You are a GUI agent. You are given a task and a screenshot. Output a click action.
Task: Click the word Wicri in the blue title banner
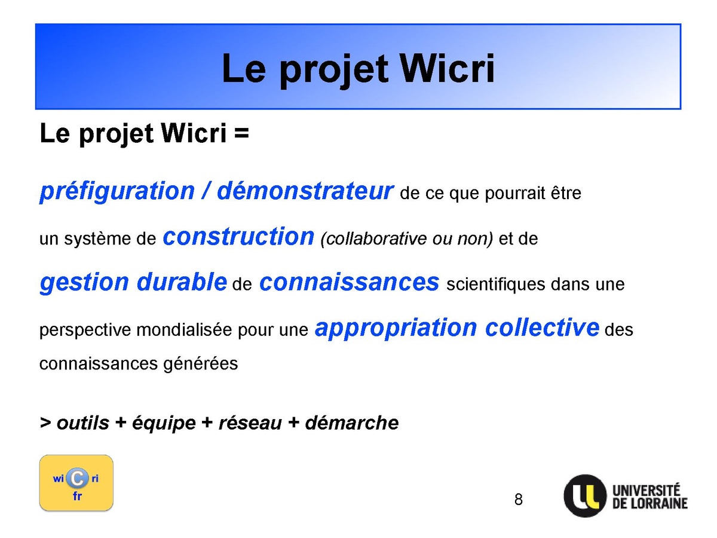point(447,69)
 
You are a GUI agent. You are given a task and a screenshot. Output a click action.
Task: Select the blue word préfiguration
point(117,191)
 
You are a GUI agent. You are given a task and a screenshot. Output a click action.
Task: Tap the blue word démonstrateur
point(305,191)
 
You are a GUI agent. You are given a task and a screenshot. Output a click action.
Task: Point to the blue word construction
point(238,237)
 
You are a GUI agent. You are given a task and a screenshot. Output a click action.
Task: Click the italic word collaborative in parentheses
point(373,239)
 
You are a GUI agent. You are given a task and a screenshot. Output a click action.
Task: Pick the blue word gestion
point(84,283)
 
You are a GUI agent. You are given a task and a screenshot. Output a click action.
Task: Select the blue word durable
point(182,282)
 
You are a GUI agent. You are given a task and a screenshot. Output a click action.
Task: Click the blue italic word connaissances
point(349,283)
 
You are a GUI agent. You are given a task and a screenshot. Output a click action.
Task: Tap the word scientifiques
point(495,284)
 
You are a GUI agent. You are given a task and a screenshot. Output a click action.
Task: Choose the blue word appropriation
point(396,328)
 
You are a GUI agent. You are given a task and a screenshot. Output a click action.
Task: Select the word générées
point(201,364)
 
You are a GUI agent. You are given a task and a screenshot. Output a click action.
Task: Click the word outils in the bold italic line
point(82,423)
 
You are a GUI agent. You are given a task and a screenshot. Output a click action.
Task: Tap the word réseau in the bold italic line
point(250,423)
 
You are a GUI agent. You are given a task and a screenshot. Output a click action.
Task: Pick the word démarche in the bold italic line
point(352,423)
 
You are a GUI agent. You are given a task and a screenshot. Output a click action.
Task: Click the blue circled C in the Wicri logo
point(77,479)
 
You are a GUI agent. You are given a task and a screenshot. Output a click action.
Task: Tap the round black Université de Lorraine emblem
point(585,496)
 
